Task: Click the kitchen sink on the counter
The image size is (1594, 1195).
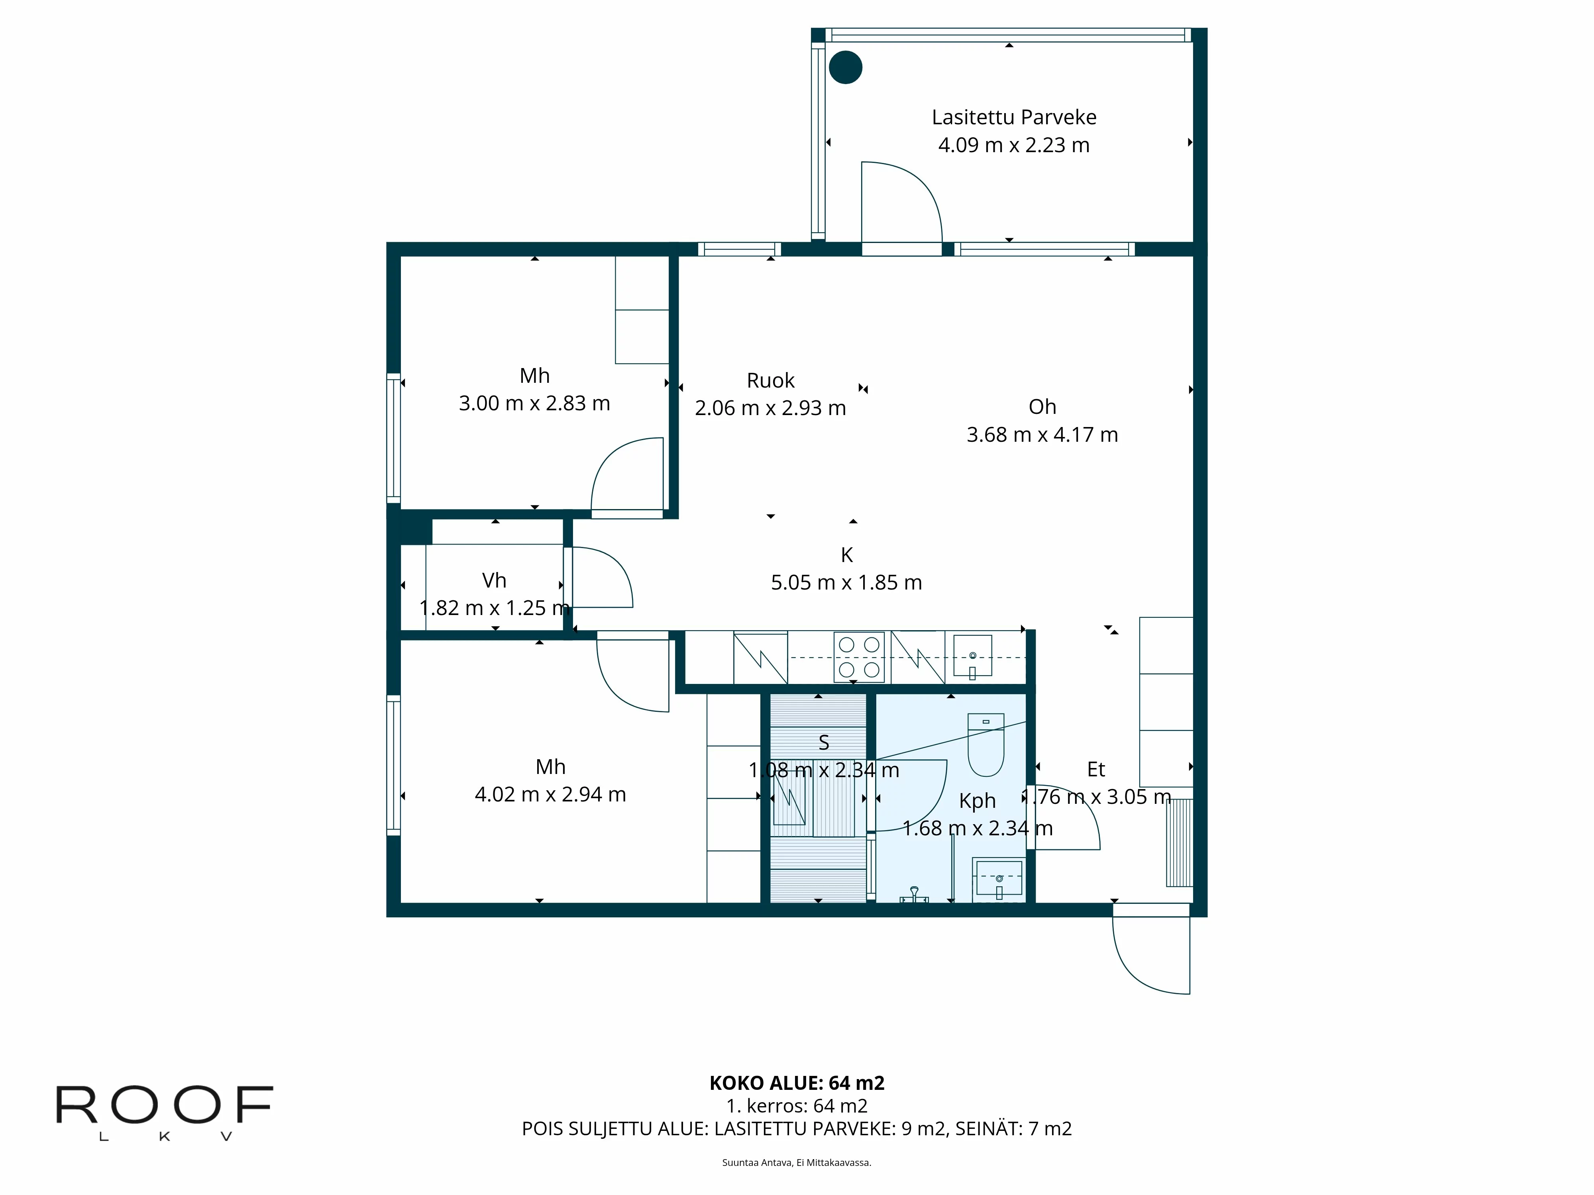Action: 972,656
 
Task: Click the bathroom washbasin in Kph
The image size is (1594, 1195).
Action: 998,879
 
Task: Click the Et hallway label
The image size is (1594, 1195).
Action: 1095,769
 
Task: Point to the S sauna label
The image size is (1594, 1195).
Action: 824,742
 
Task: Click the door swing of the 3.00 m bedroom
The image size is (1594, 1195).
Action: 626,475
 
